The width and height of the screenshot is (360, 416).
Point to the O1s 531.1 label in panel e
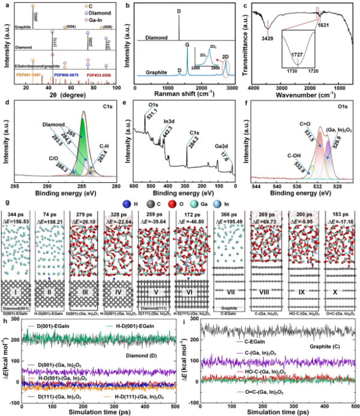point(148,113)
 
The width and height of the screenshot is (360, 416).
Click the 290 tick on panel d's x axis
point(40,184)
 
